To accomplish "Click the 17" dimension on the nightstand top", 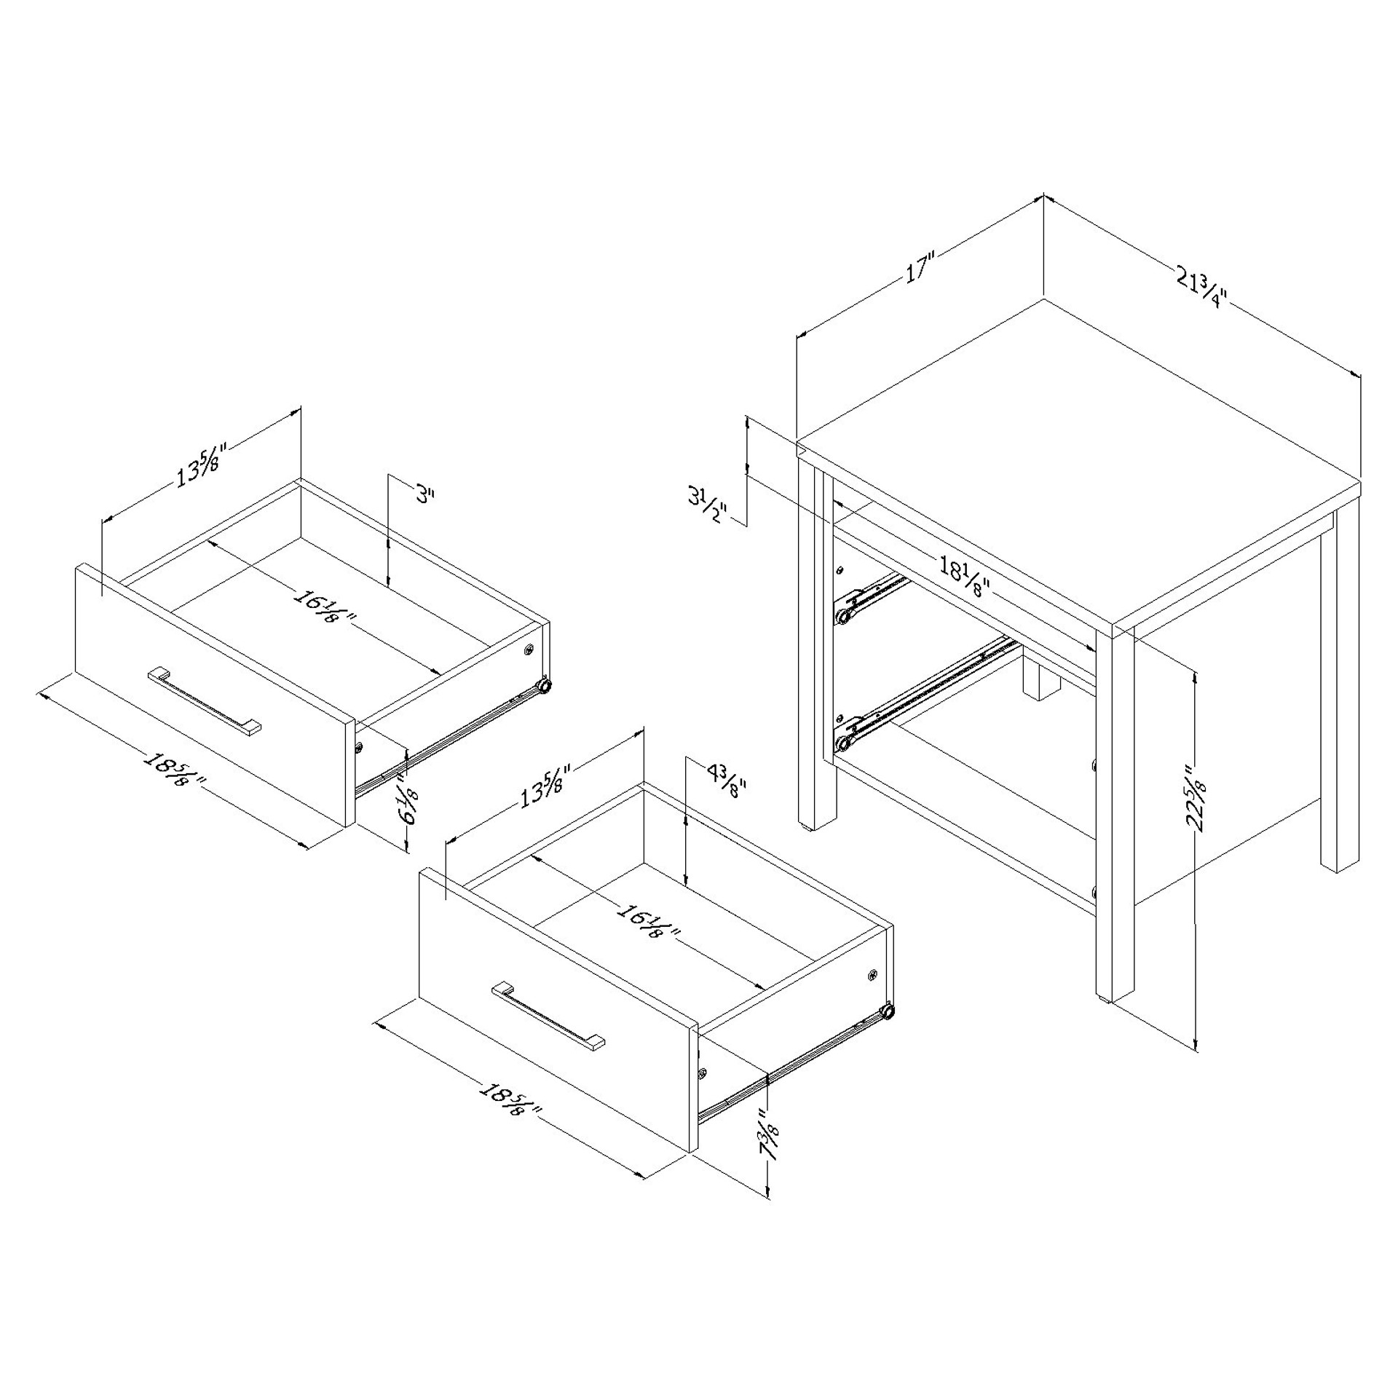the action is [x=919, y=266].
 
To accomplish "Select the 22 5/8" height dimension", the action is [x=1196, y=797].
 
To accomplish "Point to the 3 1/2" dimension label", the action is [x=706, y=505].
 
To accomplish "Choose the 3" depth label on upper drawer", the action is [x=424, y=495].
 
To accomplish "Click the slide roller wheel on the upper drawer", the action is [x=543, y=685].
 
